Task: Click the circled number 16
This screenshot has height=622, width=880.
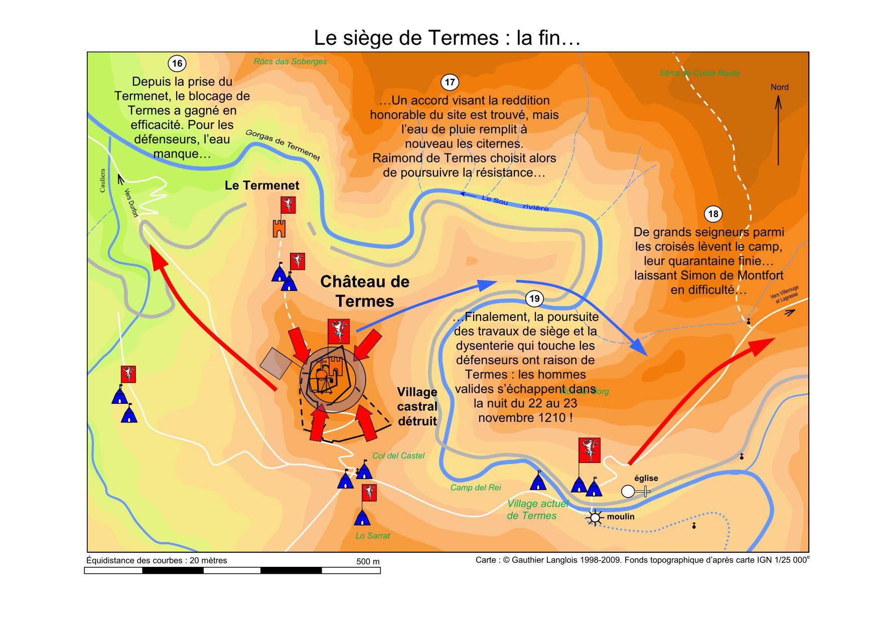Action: [177, 64]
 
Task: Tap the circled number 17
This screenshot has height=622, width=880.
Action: [450, 82]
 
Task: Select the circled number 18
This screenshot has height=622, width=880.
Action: [712, 214]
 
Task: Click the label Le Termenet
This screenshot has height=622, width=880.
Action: [262, 186]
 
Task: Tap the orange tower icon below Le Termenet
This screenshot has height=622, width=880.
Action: [279, 228]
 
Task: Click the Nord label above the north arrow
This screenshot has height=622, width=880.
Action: [779, 87]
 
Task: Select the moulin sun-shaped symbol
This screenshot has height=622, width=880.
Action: [595, 518]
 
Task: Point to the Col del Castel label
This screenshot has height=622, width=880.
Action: [398, 456]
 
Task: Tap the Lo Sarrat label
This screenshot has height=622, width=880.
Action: [372, 536]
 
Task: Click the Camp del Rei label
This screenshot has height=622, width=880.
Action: [475, 488]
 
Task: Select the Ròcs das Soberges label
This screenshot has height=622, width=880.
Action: [290, 62]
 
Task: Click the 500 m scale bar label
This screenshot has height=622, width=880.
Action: [368, 561]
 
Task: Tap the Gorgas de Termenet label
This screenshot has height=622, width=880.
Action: [282, 145]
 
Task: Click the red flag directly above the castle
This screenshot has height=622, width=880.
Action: [338, 331]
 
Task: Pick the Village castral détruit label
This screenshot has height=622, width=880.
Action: [417, 406]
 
